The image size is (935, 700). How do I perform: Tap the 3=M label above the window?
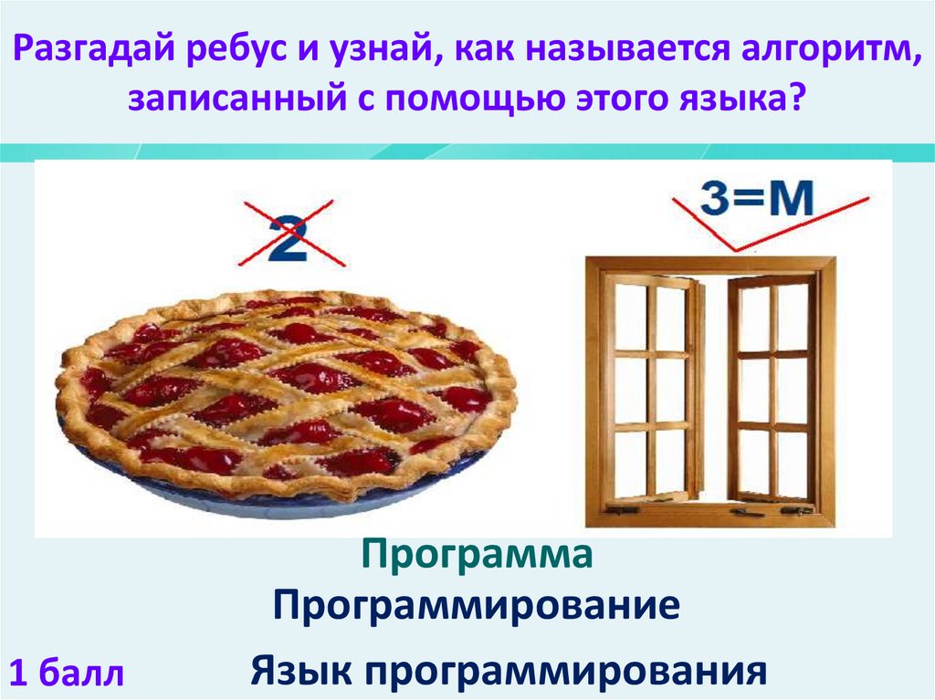pos(757,200)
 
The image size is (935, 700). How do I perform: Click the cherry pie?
pos(286,393)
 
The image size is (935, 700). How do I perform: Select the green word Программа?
pos(476,554)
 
